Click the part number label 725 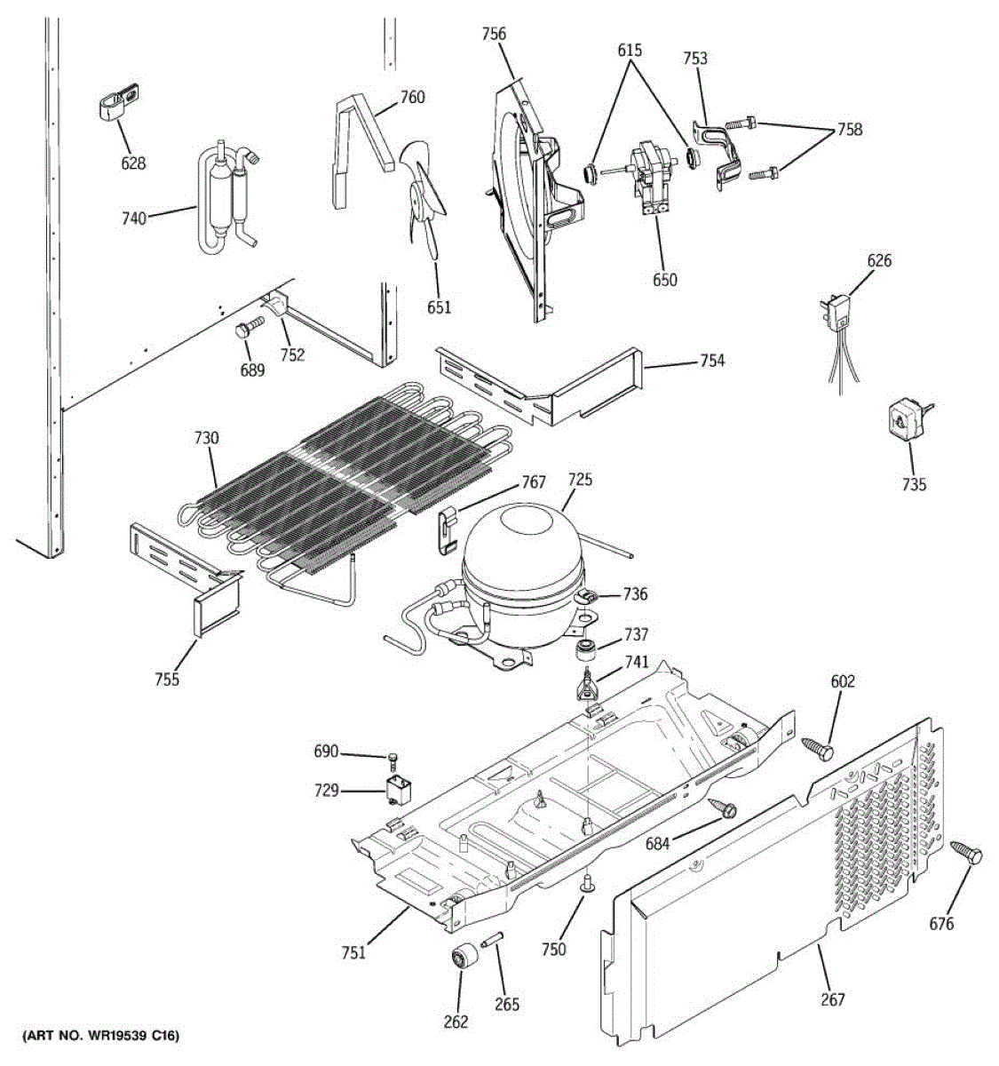581,481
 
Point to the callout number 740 133,218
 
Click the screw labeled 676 966,854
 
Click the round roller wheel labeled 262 461,959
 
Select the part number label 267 833,1000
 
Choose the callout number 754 711,361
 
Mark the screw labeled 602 818,748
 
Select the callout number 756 494,35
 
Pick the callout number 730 206,438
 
